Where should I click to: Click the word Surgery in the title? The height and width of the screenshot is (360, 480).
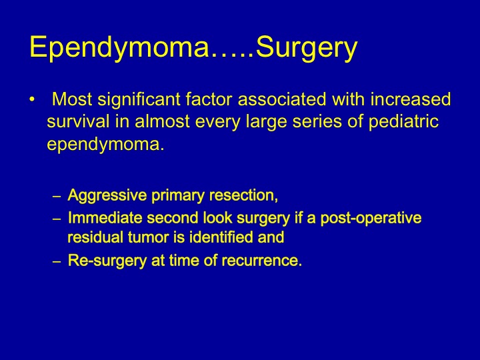point(307,48)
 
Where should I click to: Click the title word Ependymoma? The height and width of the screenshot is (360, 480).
point(119,48)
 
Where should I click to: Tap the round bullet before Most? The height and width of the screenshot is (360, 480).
point(32,99)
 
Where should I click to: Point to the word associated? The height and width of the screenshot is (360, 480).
point(282,99)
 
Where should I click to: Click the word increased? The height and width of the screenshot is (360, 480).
point(411,99)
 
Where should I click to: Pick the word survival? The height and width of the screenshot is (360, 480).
point(78,121)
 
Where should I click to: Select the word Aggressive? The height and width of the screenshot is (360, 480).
point(107,196)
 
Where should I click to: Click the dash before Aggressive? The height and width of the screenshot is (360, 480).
point(57,196)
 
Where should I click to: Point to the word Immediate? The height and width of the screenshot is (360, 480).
point(105,218)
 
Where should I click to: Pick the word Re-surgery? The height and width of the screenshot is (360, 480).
point(107,261)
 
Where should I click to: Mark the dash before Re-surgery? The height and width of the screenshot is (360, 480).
point(57,262)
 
